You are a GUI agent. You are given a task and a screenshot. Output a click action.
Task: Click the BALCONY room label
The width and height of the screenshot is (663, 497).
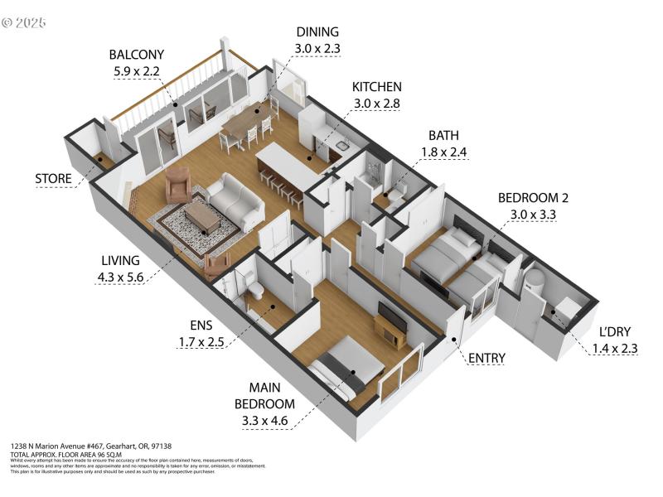coord(138,55)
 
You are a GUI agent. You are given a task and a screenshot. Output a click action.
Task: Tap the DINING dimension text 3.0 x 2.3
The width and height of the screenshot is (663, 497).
coord(318,48)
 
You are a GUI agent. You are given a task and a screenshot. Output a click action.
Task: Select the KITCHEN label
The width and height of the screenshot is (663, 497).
coord(377,87)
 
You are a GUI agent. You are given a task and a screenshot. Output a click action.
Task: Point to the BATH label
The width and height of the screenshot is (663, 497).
coord(444,135)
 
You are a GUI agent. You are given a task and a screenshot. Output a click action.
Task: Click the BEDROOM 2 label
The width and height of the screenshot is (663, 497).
coord(533,198)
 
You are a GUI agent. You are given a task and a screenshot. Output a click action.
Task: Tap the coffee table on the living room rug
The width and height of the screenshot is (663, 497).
coord(201,218)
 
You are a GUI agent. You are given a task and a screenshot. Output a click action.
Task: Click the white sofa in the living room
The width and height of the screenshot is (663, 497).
coord(235,201)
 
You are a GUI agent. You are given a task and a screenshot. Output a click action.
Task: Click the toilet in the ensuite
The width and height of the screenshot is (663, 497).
coord(256,289)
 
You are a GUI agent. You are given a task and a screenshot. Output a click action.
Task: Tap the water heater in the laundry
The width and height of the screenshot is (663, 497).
coord(533,280)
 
